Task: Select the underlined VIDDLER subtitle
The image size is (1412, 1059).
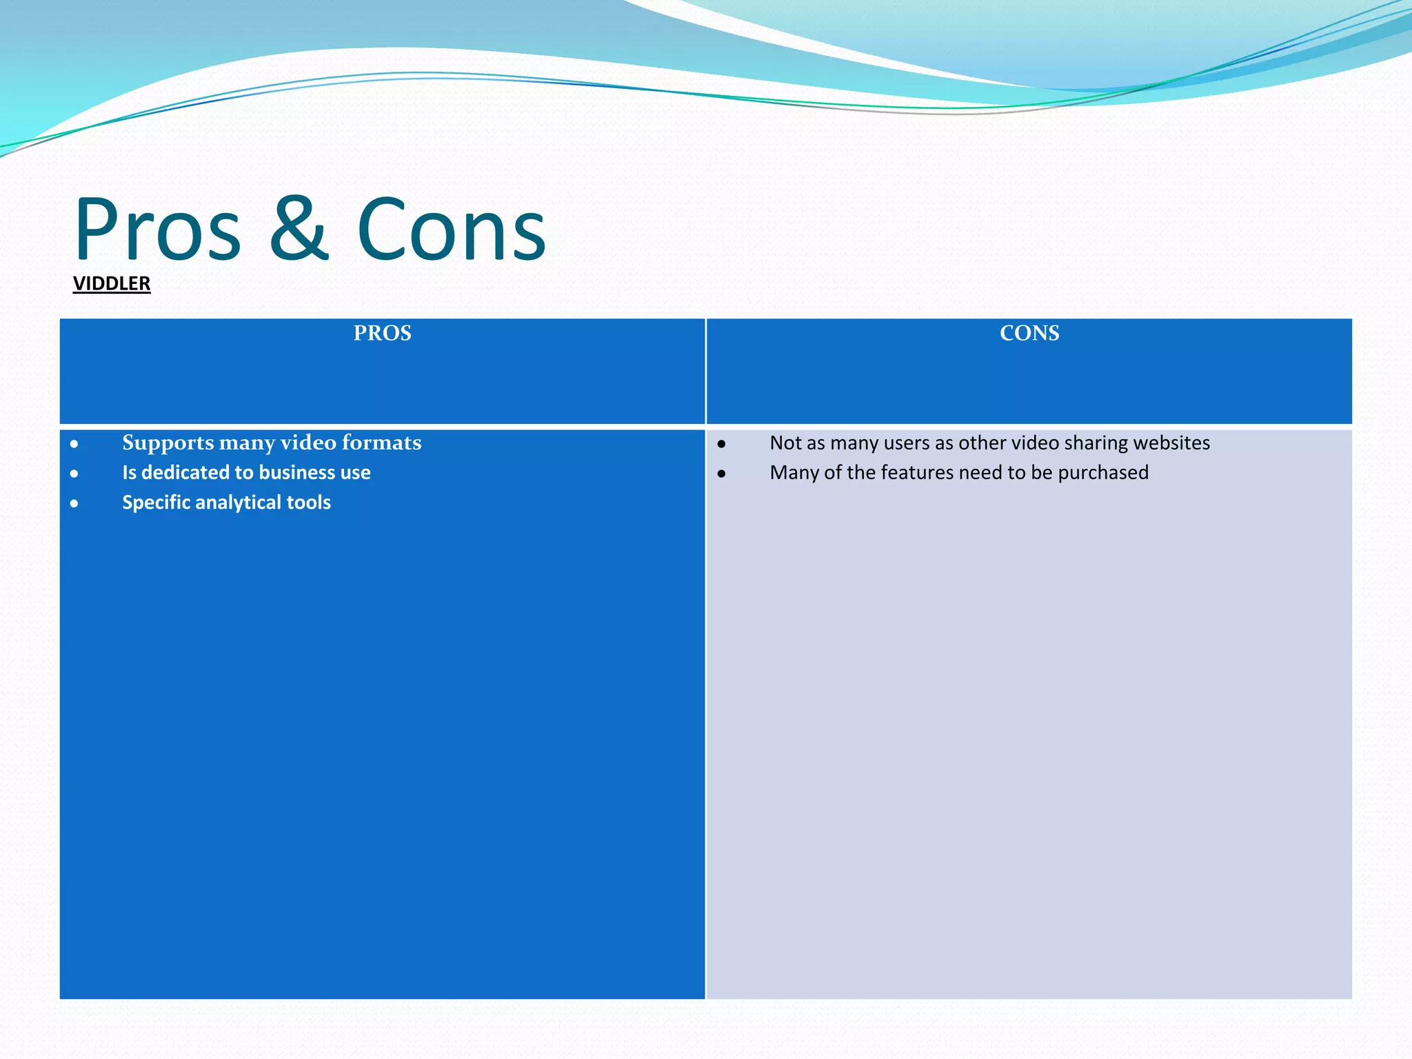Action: [112, 283]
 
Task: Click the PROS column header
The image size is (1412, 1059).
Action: [382, 334]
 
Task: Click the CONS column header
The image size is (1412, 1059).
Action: [1029, 334]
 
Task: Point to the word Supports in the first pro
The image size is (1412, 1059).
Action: [168, 443]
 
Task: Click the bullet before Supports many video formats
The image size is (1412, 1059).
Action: [74, 445]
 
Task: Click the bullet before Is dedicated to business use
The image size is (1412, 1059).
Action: [74, 474]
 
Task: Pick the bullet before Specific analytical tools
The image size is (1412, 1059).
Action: [74, 504]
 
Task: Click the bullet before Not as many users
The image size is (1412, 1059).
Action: [721, 445]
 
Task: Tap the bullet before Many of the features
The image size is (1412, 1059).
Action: [721, 474]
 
